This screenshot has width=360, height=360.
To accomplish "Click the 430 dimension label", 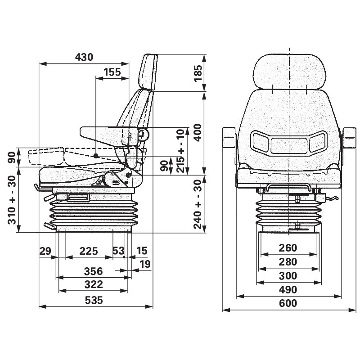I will (x=84, y=57).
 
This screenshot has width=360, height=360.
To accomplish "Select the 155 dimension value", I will (x=112, y=72).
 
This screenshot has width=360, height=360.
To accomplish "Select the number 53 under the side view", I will (x=118, y=251).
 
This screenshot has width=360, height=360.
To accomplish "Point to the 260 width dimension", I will (x=288, y=248).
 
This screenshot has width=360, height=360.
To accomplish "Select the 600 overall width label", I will (x=288, y=303).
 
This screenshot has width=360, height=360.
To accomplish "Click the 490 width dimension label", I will (x=288, y=289).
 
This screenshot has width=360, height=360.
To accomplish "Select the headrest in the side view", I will (x=149, y=72).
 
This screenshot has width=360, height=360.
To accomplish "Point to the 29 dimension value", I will (x=45, y=251).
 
